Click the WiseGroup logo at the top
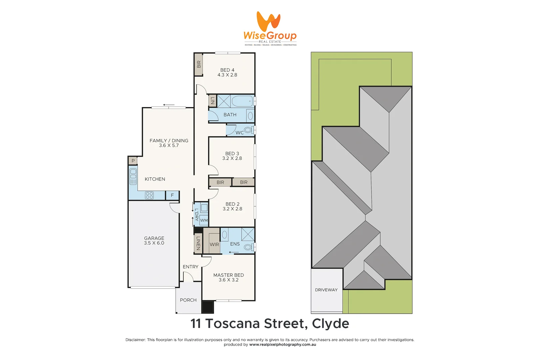[270, 28]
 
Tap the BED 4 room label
[227, 70]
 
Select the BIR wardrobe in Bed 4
[199, 64]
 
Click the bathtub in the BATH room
[242, 101]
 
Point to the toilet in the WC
[248, 130]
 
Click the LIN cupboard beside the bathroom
[213, 100]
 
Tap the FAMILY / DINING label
[169, 141]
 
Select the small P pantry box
[133, 161]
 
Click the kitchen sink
[133, 176]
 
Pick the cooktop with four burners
[149, 195]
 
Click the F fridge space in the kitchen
[172, 195]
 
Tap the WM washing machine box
[204, 220]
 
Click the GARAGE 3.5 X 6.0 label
[154, 240]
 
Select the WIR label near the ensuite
[214, 244]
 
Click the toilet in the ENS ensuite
[248, 247]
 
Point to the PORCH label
[188, 300]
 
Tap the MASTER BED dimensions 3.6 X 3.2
[228, 280]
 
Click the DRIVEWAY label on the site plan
[326, 290]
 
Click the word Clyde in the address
[330, 324]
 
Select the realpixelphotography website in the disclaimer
[282, 345]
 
